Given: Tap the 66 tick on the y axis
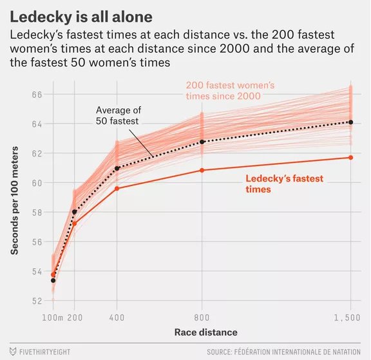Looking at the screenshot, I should pyautogui.click(x=37, y=94).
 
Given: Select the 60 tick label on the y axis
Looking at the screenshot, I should pyautogui.click(x=37, y=182).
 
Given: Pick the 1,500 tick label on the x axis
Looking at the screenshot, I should pyautogui.click(x=350, y=318).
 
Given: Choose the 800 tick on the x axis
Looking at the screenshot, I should pyautogui.click(x=202, y=318).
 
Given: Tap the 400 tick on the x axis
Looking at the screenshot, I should pyautogui.click(x=117, y=318).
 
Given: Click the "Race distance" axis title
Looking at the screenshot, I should pyautogui.click(x=205, y=333).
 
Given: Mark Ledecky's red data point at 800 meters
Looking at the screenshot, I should pyautogui.click(x=202, y=170).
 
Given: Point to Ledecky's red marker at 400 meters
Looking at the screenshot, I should pyautogui.click(x=117, y=188).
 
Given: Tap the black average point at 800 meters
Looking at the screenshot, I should pyautogui.click(x=202, y=142).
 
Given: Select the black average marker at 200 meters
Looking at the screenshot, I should pyautogui.click(x=74, y=212).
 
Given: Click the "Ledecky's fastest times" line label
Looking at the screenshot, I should pyautogui.click(x=284, y=184).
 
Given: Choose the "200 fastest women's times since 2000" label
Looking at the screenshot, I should pyautogui.click(x=230, y=90).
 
